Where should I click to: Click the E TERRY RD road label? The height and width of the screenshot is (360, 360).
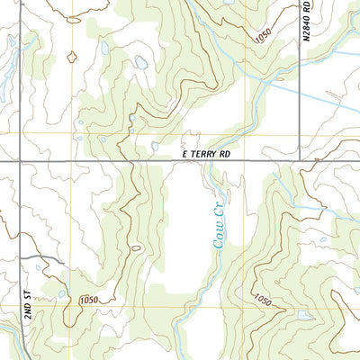click(x=206, y=155)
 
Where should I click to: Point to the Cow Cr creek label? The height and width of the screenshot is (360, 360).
click(x=221, y=231)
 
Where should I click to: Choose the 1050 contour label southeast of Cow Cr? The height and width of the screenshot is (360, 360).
click(x=261, y=300)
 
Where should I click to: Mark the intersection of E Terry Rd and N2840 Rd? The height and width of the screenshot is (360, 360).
click(x=298, y=162)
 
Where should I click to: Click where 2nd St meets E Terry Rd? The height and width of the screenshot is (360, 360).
click(x=19, y=162)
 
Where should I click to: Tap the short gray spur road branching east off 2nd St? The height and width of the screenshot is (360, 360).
click(x=40, y=259)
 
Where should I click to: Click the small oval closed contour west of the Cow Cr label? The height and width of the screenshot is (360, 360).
click(x=136, y=247)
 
